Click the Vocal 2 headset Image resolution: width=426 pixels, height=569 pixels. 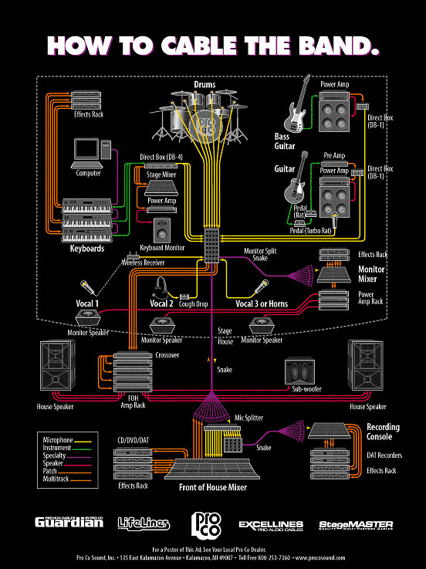pos(161,286)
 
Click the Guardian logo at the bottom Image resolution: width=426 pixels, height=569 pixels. pos(69,523)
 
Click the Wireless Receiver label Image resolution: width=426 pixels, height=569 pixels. pos(155,262)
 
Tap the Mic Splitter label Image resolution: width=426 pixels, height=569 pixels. pos(248,418)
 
